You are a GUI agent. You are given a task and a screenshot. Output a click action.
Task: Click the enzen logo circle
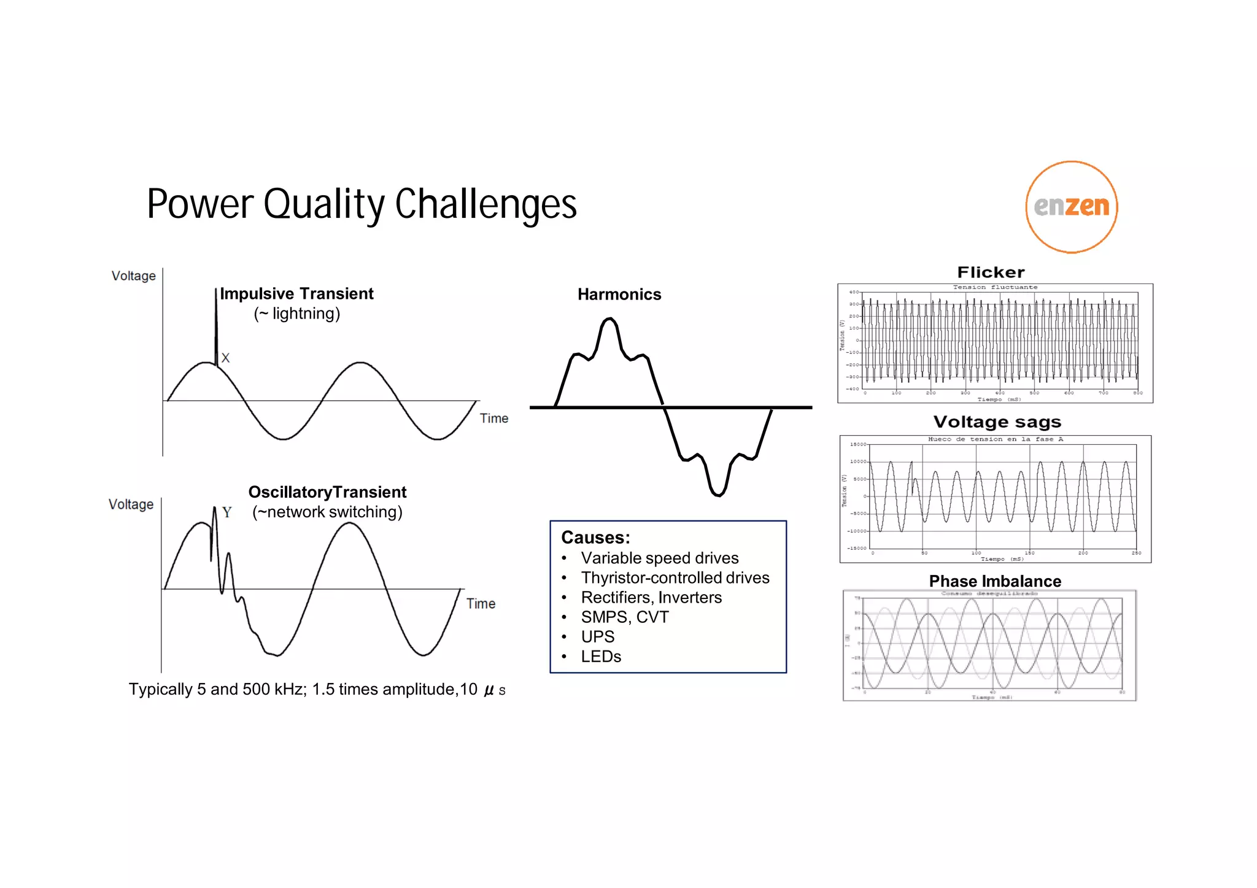1071,207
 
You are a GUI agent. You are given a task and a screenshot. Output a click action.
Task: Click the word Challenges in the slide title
485,204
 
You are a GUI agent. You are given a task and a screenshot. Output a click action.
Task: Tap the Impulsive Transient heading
296,294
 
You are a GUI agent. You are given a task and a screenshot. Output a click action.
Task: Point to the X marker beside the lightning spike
225,358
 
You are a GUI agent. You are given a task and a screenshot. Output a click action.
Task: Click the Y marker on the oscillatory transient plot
227,512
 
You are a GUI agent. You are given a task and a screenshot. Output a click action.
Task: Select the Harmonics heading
619,295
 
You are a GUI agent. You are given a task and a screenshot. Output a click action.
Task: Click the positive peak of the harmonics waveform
609,319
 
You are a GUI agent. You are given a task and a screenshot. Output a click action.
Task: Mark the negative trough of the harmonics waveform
718,494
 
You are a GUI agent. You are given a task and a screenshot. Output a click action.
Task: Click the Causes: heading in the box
595,538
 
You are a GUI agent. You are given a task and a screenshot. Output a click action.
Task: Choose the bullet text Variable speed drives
660,558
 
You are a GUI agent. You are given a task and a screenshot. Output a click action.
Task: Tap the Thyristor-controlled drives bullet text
675,577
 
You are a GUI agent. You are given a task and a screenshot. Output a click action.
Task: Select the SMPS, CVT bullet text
625,617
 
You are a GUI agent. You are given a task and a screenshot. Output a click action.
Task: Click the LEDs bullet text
601,656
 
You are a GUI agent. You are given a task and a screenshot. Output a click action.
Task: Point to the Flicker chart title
991,272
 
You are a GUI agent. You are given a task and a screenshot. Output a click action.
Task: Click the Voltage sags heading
997,422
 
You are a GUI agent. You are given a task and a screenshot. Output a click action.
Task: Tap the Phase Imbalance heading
995,581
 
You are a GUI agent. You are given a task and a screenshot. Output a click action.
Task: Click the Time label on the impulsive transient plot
493,419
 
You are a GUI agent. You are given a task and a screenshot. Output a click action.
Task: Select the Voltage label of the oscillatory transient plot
131,504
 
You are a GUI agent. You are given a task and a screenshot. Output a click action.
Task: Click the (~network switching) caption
327,512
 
